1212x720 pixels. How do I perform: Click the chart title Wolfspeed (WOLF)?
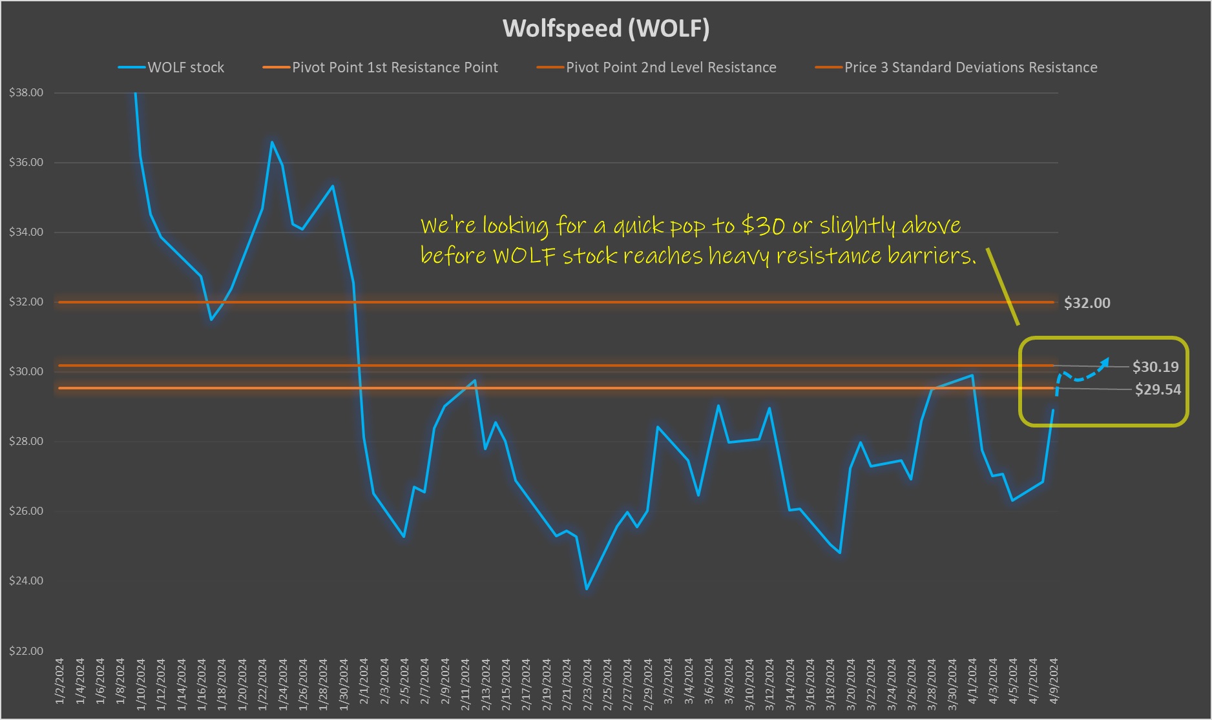(606, 28)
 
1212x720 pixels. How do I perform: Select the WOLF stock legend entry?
(185, 67)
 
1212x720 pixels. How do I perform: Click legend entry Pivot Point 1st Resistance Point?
(395, 67)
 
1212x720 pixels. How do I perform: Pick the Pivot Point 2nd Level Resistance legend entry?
(671, 67)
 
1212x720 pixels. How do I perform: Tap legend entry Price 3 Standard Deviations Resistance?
(970, 67)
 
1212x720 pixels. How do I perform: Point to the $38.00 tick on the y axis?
(26, 93)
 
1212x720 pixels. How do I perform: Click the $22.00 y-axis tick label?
(26, 651)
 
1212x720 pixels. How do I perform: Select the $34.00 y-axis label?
(26, 232)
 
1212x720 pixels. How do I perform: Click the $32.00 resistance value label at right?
(1087, 303)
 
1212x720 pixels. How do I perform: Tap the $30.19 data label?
(1155, 367)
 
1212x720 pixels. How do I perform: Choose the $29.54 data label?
(1158, 389)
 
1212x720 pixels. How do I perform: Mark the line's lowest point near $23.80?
(587, 589)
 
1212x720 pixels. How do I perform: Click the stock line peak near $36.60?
(272, 142)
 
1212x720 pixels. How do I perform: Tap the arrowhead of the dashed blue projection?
(1106, 361)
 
